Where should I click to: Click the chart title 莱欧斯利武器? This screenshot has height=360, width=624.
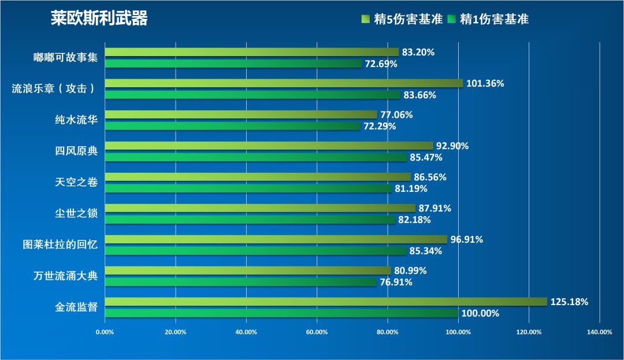99,18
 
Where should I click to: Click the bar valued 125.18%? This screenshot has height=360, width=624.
326,302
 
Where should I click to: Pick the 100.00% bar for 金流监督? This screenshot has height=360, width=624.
281,313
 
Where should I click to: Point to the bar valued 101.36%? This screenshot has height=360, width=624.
284,83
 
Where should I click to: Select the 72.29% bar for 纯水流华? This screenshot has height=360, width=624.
232,126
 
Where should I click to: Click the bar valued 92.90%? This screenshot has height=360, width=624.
269,146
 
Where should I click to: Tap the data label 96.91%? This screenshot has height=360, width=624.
467,239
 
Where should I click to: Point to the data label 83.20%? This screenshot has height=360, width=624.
418,52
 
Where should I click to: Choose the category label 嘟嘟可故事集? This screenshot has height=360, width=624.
65,58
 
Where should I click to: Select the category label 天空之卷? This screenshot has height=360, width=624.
76,183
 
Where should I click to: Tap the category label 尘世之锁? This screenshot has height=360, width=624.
76,214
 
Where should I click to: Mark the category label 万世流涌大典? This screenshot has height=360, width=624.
65,276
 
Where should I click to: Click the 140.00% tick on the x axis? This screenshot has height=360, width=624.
599,332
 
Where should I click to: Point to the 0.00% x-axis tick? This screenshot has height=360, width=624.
105,332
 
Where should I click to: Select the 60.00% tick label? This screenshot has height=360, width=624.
317,332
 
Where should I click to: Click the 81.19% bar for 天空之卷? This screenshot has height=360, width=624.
248,188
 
